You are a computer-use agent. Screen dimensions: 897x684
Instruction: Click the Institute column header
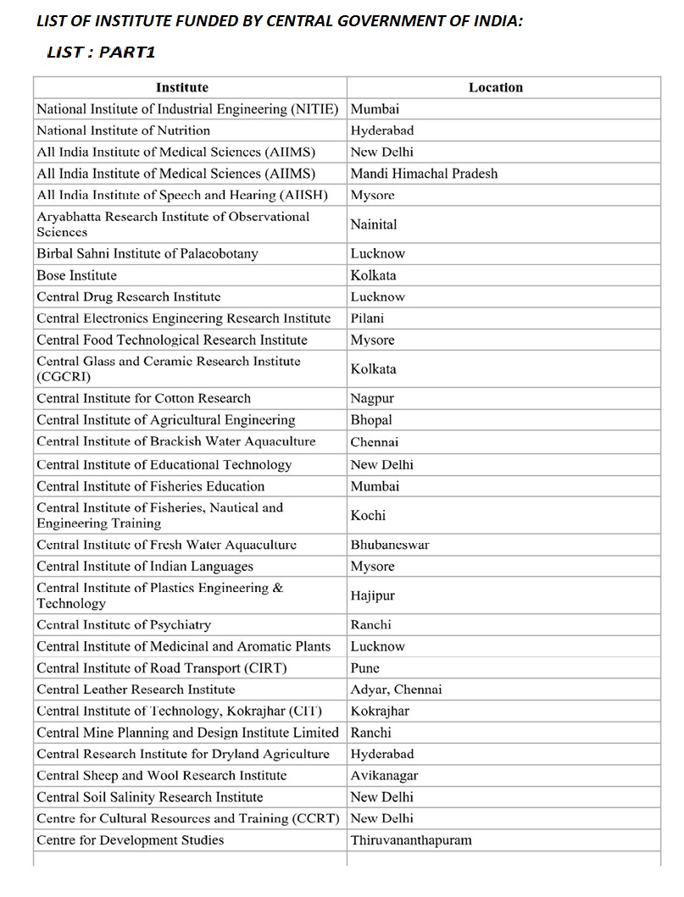point(181,87)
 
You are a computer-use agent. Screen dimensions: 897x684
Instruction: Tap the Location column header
point(496,87)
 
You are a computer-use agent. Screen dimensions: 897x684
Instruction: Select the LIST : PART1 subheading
point(101,53)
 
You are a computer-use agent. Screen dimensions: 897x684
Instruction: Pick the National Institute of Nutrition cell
point(123,130)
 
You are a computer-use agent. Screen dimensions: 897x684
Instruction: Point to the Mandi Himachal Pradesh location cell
point(424,174)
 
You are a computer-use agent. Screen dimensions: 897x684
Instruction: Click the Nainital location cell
point(374,224)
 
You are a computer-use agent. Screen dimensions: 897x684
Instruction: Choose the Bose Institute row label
point(76,275)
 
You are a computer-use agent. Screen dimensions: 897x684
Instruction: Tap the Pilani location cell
point(367,318)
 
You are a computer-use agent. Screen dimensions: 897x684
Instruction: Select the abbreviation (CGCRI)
point(64,377)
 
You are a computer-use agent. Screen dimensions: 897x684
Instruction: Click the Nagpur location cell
point(372,398)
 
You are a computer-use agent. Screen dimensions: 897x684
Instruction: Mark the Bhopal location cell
point(371,420)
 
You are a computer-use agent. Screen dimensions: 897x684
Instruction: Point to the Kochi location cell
point(368,515)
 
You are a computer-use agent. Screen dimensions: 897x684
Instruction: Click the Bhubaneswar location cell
point(390,545)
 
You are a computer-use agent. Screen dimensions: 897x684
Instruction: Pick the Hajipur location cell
point(372,595)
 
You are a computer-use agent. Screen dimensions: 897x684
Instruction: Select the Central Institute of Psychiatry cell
point(124,625)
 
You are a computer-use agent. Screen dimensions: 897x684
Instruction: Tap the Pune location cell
point(365,668)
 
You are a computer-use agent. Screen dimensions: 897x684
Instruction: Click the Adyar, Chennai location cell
point(396,689)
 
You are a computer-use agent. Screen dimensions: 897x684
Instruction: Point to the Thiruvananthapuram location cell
point(411,840)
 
